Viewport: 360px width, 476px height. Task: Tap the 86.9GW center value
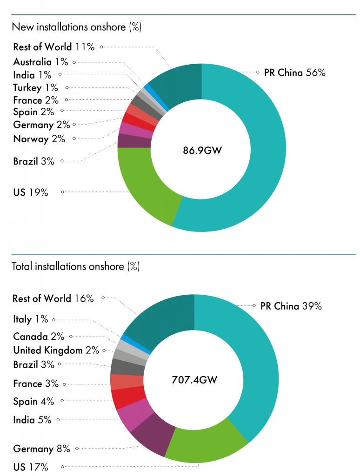coord(201,150)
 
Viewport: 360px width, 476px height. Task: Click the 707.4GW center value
coord(194,380)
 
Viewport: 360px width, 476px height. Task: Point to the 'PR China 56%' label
coord(294,73)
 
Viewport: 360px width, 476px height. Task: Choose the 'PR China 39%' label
coord(291,306)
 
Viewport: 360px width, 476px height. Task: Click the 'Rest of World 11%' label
coord(54,47)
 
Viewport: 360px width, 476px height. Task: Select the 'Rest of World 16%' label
coord(53,298)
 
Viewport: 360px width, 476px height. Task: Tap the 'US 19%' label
coord(31,192)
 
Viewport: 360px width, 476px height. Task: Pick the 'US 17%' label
coord(31,467)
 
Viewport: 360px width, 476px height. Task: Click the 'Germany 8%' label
coord(41,449)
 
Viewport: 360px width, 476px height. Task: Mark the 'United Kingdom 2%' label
coord(56,350)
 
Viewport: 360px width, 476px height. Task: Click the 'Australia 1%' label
coord(40,62)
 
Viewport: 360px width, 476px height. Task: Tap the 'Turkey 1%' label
coord(35,87)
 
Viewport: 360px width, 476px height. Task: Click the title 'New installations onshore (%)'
coord(76,27)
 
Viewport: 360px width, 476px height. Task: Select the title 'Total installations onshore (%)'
coord(75,266)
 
